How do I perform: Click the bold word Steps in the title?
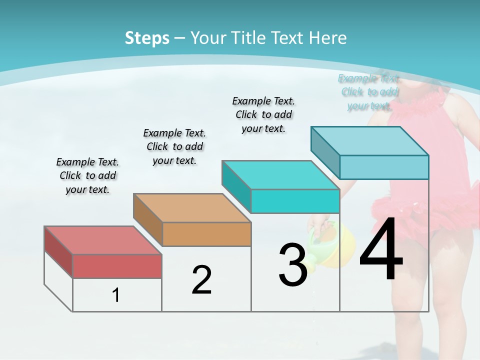tap(147, 38)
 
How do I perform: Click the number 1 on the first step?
tap(116, 295)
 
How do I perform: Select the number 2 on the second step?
tap(201, 280)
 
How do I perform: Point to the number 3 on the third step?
tap(292, 265)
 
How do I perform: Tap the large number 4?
tap(381, 250)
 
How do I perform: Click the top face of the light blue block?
tap(369, 141)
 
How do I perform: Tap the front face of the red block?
tap(117, 266)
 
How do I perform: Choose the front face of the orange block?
tap(206, 234)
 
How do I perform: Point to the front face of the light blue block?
tap(384, 167)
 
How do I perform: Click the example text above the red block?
tap(87, 175)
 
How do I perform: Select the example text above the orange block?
tap(174, 146)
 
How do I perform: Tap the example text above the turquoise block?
tap(263, 114)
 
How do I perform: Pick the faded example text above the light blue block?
tap(369, 92)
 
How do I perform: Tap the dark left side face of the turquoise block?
tap(236, 186)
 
